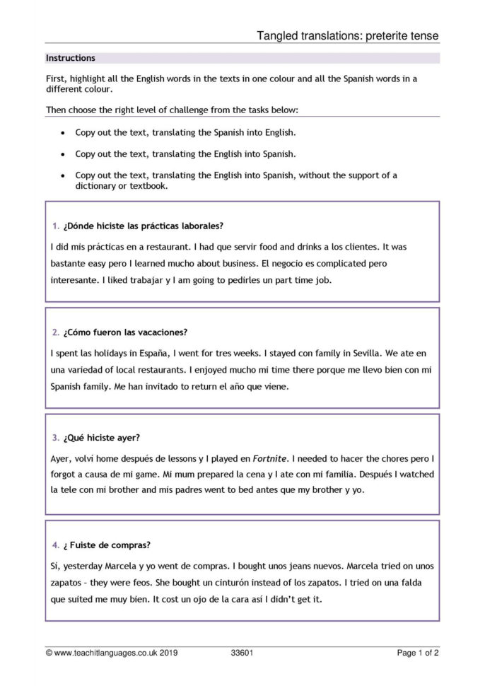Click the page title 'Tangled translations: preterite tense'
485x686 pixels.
pos(347,35)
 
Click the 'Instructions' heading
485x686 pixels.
pos(71,58)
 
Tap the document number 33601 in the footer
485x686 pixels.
pos(242,653)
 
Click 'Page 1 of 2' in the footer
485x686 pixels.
pos(418,653)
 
